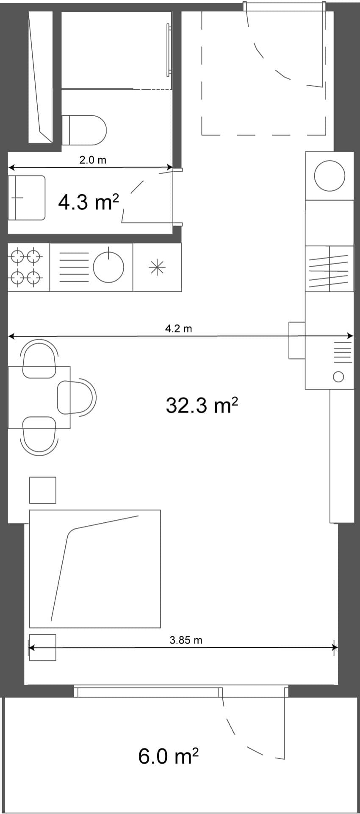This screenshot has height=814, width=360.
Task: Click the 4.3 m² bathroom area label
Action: (x=88, y=202)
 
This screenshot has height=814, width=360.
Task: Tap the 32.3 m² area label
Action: (x=202, y=405)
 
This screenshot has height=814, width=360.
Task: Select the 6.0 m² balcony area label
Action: (x=168, y=756)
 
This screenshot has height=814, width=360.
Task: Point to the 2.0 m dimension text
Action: (x=93, y=160)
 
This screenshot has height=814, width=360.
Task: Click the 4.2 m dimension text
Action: (x=178, y=329)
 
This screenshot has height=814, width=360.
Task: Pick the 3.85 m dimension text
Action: (x=186, y=640)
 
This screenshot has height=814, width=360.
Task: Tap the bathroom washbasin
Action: (x=27, y=198)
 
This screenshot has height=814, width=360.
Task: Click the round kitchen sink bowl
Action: (x=108, y=268)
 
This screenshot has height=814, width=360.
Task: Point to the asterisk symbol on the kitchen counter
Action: (x=157, y=268)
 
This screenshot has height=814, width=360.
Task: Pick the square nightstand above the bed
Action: (x=43, y=490)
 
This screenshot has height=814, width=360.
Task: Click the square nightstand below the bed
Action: (x=42, y=647)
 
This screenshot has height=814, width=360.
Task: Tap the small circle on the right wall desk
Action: (x=338, y=376)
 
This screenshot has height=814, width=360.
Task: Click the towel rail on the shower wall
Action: (x=169, y=50)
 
